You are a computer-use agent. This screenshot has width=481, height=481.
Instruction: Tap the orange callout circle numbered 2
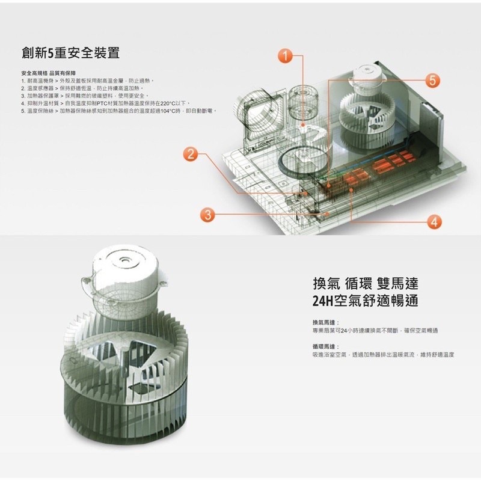click(191, 153)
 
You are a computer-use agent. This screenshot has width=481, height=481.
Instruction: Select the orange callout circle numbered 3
click(207, 215)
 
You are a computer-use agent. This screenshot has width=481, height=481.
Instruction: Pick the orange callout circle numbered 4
click(434, 221)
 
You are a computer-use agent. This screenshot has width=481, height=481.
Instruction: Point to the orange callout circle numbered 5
click(433, 79)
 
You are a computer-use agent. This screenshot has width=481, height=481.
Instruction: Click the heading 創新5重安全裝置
click(70, 53)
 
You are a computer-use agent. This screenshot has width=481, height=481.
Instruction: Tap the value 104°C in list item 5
click(171, 111)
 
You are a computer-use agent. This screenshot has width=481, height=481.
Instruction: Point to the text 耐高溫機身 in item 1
click(39, 80)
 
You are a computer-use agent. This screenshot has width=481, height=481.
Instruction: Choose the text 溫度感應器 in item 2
click(39, 88)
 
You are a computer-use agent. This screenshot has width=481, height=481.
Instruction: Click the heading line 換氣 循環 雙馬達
click(365, 283)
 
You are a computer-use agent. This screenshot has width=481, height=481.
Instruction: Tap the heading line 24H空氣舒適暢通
click(365, 301)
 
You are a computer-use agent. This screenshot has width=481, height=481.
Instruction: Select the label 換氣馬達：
click(326, 323)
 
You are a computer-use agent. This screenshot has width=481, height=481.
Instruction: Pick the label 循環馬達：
click(326, 347)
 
